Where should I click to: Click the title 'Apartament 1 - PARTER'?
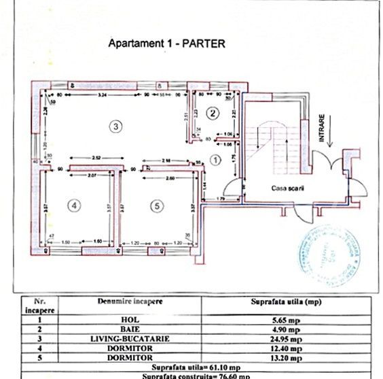166,44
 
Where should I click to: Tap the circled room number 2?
213,112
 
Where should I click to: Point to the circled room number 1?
215,161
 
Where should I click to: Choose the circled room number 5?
157,205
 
